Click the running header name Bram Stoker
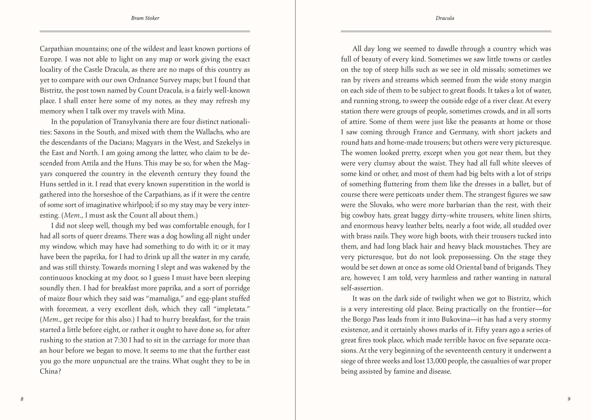pos(145,18)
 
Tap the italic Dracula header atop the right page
pos(445,18)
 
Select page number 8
pos(22,399)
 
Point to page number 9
pos(569,399)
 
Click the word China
pos(49,371)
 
